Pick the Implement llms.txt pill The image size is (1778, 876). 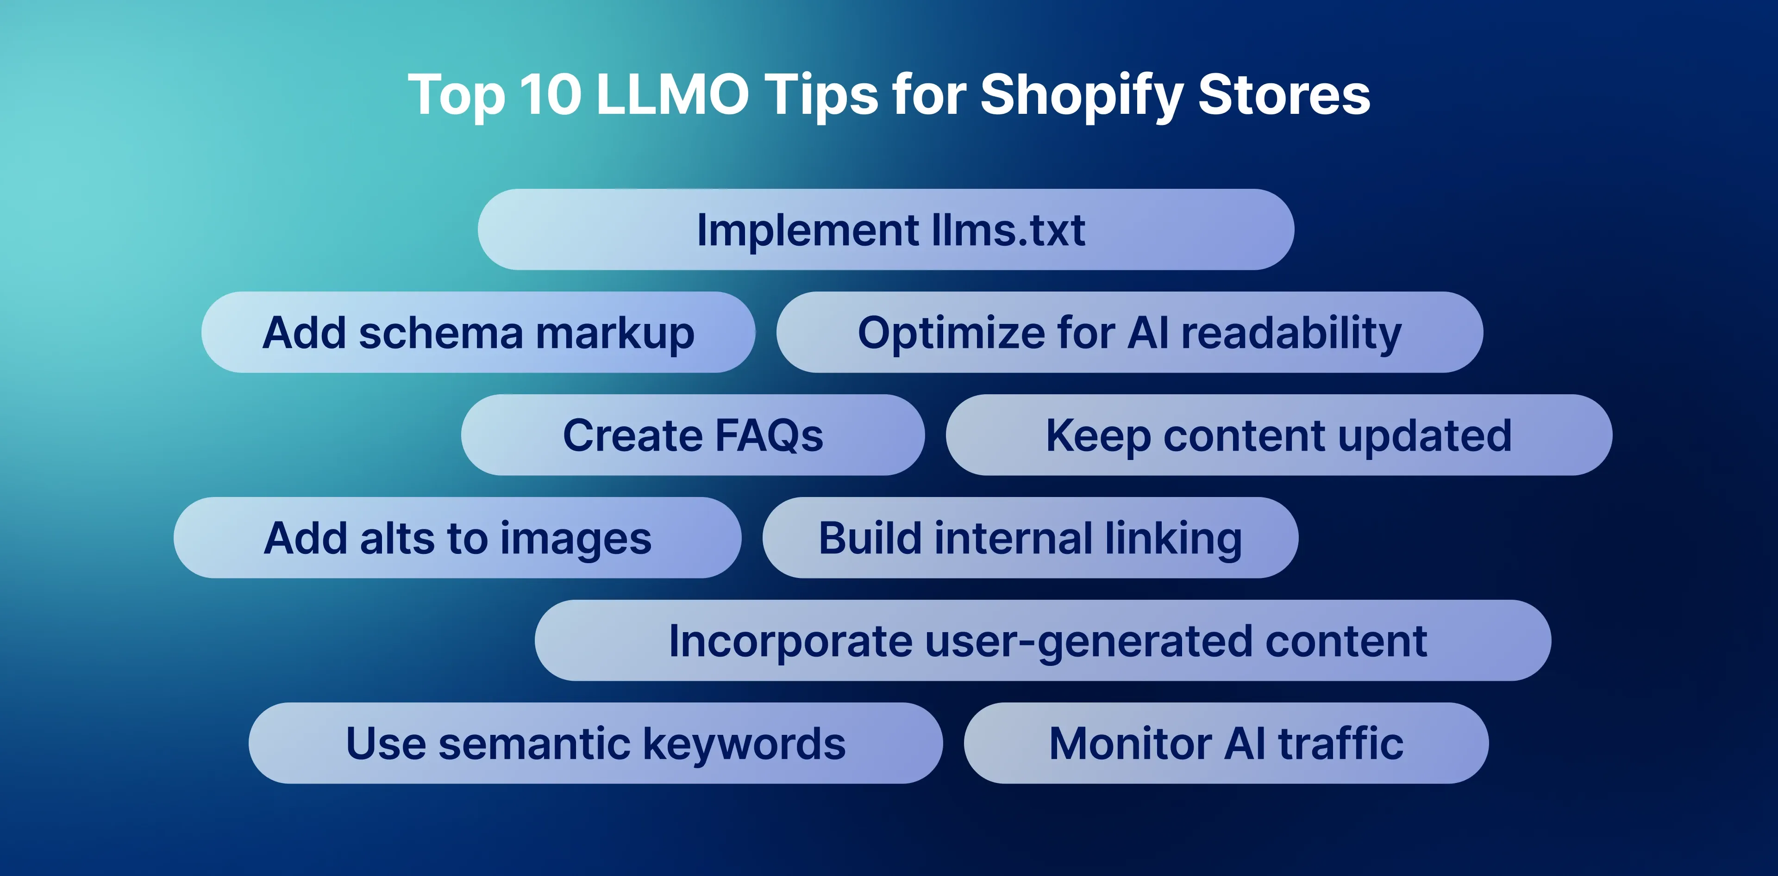point(886,230)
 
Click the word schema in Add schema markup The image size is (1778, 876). point(441,333)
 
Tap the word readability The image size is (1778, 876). point(1291,333)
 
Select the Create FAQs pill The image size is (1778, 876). point(693,435)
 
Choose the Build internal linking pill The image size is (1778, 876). point(1030,538)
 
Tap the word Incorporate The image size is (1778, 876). point(790,641)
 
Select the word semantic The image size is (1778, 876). point(534,744)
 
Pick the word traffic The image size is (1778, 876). point(1340,744)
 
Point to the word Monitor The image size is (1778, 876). point(1130,744)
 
